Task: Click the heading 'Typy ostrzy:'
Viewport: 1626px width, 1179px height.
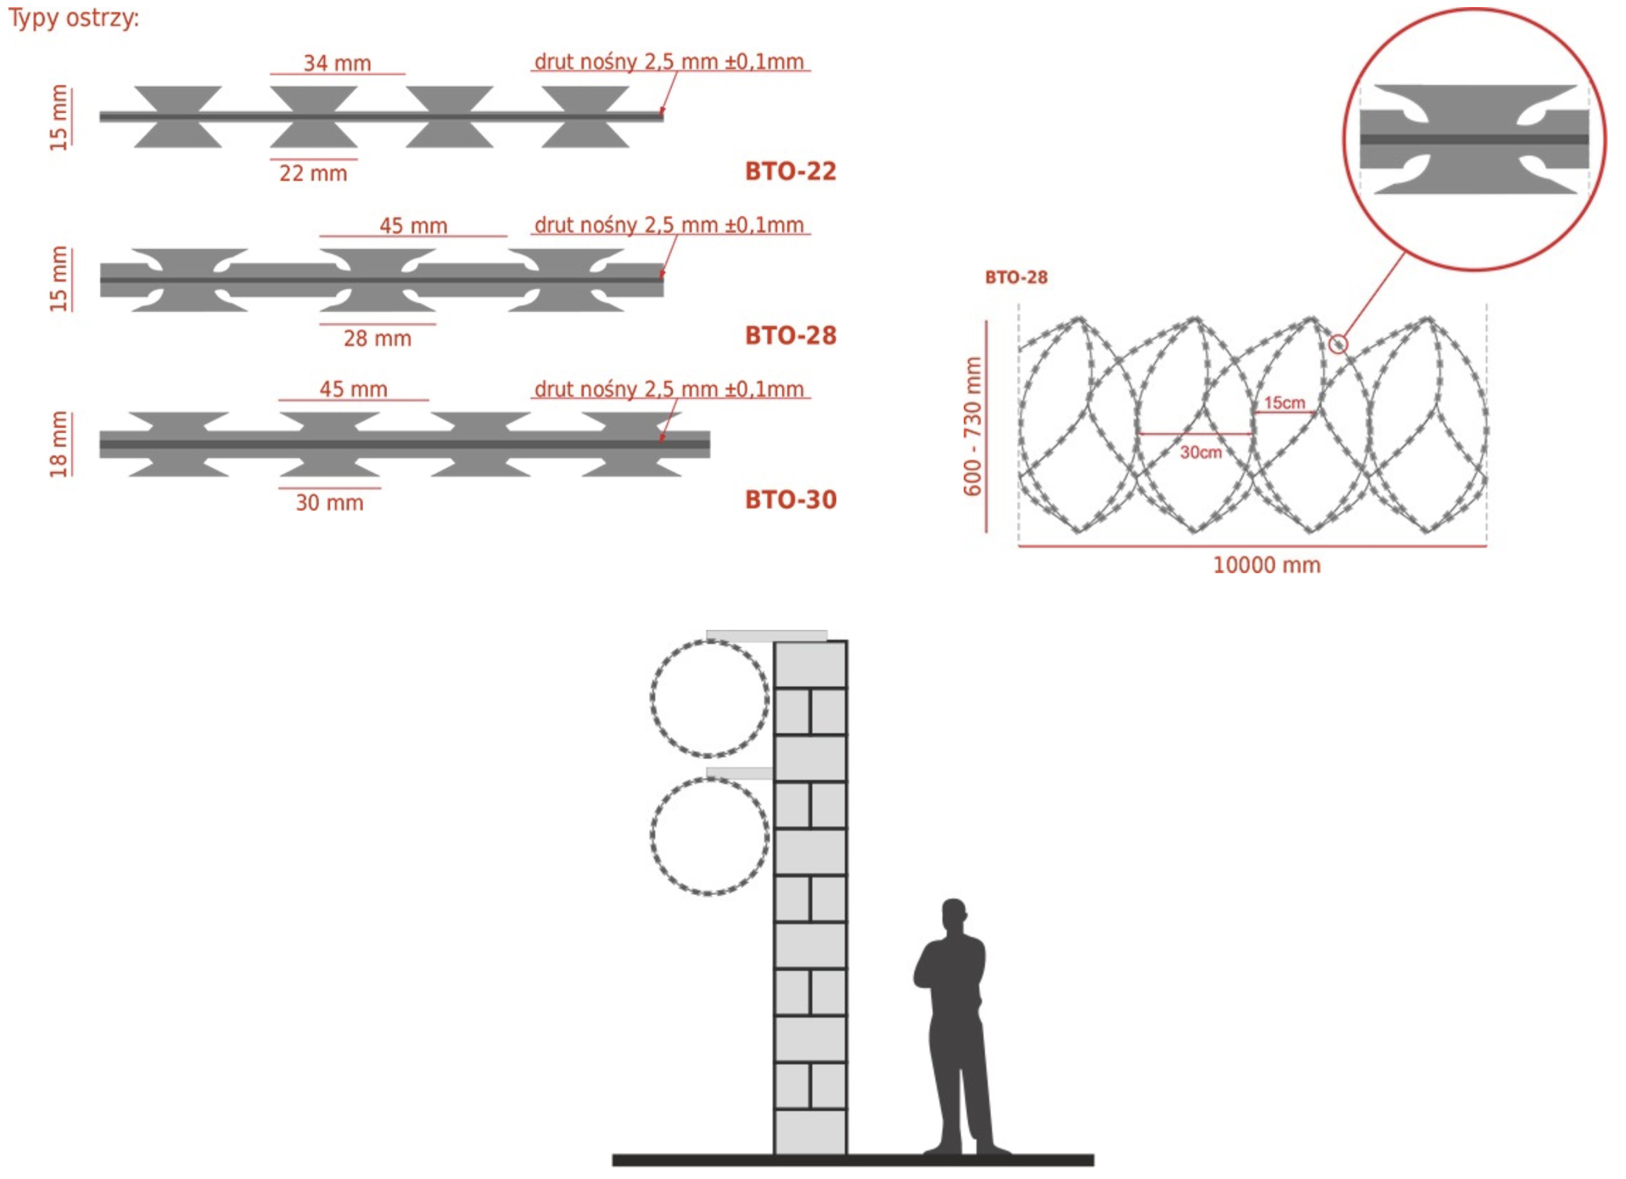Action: tap(73, 17)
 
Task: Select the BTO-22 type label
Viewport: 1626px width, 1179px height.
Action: tap(790, 171)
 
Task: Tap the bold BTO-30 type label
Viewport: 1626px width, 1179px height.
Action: tap(790, 499)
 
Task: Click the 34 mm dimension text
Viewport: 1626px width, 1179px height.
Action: tap(337, 63)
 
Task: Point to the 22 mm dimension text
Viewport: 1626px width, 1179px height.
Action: tap(313, 173)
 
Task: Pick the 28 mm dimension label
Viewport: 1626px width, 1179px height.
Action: tap(377, 338)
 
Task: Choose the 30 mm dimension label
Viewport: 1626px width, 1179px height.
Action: tap(330, 502)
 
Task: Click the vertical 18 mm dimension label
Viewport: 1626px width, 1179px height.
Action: tap(59, 444)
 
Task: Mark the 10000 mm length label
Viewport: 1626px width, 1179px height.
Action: tap(1266, 565)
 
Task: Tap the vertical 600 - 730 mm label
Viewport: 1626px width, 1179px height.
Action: tap(971, 426)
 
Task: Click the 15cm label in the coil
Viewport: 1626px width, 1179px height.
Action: tap(1284, 403)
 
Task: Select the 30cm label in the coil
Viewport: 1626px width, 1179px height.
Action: tap(1201, 452)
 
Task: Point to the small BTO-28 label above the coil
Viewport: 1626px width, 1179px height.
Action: tap(1016, 277)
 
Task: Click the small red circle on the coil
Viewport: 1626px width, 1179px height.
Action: tap(1338, 344)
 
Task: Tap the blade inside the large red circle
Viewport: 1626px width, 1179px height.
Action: tap(1474, 139)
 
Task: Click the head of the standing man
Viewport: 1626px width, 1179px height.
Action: tap(954, 914)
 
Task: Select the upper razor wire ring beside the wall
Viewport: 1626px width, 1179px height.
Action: tap(710, 698)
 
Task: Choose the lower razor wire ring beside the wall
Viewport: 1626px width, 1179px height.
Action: tap(710, 836)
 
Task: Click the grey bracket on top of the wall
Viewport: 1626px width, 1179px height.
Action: tap(766, 635)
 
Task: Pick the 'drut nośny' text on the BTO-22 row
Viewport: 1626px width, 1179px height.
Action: tap(668, 62)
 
